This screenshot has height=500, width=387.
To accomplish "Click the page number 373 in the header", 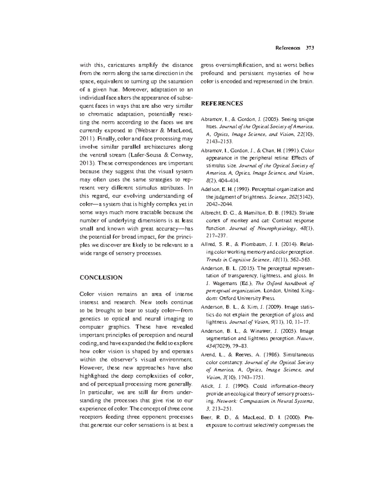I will tap(310, 48).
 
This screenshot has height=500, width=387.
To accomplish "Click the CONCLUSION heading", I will tap(101, 277).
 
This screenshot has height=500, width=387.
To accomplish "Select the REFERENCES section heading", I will tap(222, 103).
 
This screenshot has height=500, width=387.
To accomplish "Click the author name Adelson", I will tap(209, 189).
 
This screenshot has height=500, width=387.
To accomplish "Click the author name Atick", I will tap(207, 386).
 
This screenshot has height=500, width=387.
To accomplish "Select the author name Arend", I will tap(208, 354).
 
